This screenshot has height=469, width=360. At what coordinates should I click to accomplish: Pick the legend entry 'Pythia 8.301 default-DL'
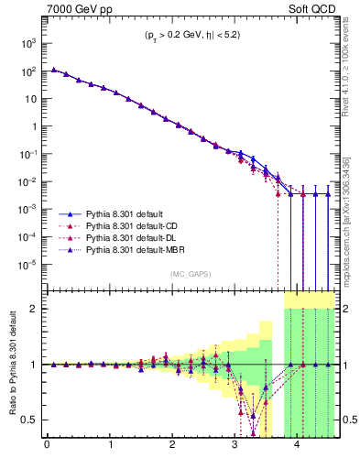click(123, 235)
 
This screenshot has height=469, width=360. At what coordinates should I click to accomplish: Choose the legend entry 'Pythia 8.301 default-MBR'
click(125, 248)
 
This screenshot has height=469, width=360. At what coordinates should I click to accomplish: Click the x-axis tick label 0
click(47, 448)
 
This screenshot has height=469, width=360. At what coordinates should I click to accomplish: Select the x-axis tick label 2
click(172, 448)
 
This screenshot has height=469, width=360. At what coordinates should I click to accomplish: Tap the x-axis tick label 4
click(298, 448)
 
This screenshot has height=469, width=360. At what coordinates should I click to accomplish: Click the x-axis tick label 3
click(235, 448)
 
